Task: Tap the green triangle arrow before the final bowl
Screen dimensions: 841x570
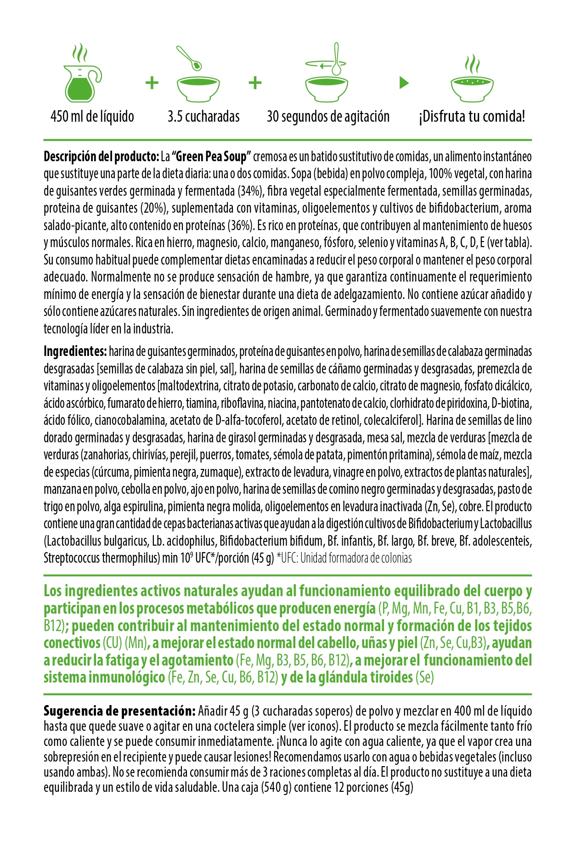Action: pos(404,83)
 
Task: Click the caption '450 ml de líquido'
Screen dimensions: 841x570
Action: pos(92,117)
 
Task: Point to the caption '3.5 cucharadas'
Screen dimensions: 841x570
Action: pos(203,117)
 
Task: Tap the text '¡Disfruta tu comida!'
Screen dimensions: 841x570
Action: pos(471,117)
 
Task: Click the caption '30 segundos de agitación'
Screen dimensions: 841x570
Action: pos(328,117)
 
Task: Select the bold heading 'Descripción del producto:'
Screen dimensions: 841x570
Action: pos(101,157)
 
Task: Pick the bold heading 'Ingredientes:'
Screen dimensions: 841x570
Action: pos(75,351)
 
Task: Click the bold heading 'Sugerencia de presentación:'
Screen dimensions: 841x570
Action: pos(120,711)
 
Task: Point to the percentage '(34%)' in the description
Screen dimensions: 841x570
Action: pos(250,191)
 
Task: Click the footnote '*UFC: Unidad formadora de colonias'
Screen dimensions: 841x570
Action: pos(344,558)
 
